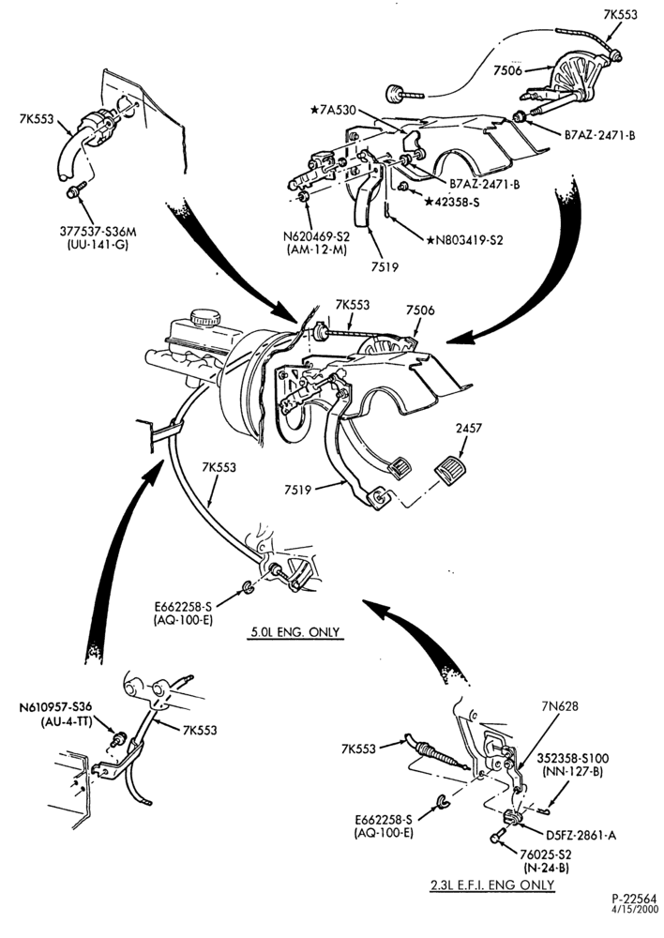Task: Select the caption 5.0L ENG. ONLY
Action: coord(296,632)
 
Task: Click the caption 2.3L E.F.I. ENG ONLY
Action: coord(492,885)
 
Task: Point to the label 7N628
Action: coord(559,706)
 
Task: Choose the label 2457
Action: coord(468,429)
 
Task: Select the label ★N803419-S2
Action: coord(465,240)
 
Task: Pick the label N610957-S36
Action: coord(55,706)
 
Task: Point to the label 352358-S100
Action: coord(572,759)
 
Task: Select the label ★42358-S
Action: coord(452,203)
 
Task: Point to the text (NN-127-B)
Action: coord(572,772)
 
